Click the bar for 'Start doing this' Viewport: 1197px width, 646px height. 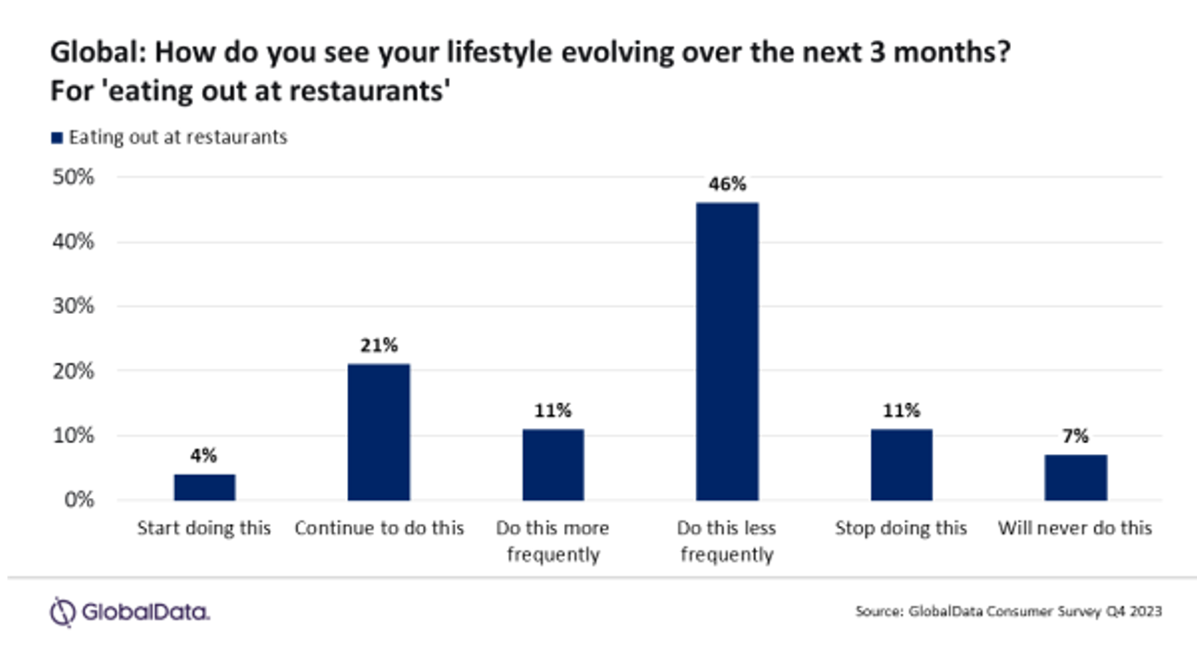204,487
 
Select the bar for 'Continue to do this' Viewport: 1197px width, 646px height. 378,432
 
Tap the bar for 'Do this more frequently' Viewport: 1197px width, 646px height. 552,464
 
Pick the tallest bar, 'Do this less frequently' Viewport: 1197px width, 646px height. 727,351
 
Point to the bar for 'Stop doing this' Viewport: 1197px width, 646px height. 901,464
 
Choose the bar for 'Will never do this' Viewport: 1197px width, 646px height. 1075,478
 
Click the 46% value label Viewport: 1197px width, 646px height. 727,184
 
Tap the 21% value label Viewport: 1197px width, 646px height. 378,345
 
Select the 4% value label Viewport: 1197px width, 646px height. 204,455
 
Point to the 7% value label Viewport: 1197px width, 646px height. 1075,437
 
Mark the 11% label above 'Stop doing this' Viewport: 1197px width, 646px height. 901,410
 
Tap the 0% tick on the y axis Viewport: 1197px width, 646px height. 78,500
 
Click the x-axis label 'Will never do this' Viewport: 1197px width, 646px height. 1075,528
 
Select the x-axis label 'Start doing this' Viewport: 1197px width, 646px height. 204,528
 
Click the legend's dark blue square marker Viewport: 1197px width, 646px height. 57,138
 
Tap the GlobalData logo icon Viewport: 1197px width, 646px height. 61,612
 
